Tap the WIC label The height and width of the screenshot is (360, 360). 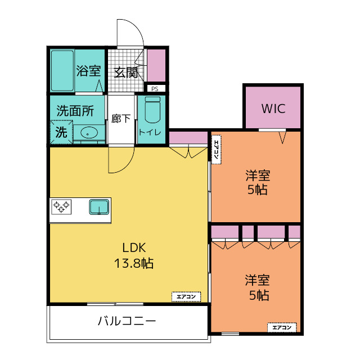273,109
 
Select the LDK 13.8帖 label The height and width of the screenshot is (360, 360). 134,255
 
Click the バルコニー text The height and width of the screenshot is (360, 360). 127,321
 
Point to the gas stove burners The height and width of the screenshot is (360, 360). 61,207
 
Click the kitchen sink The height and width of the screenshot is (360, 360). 99,207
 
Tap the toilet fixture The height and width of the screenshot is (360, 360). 152,110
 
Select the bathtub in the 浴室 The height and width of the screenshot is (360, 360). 62,71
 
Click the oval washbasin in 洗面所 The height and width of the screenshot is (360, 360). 89,133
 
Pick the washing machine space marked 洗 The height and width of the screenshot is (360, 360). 61,133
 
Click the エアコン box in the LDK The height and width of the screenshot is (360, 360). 186,296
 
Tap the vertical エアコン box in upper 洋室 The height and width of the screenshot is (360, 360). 216,150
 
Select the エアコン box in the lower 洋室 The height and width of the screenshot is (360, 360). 282,327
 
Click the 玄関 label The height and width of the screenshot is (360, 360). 126,73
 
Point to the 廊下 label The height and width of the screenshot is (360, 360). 121,119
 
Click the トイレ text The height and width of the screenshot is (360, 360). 150,132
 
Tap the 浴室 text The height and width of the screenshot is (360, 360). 88,71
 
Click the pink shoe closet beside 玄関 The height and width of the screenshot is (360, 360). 156,65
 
